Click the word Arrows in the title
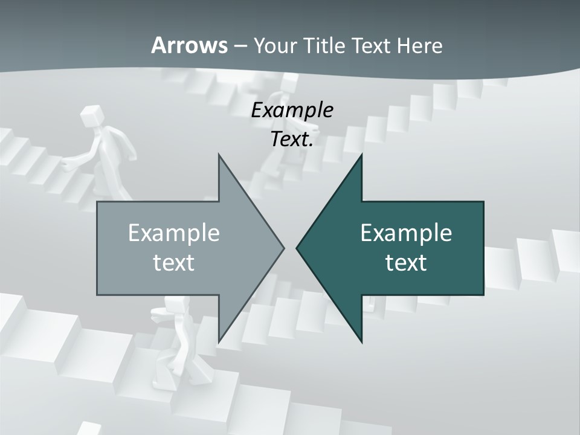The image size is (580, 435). [190, 45]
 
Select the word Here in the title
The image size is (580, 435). [419, 45]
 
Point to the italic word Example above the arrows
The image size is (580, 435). [292, 111]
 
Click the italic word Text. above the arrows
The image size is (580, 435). [292, 140]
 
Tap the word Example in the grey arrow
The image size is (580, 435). [174, 233]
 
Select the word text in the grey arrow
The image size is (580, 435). [174, 263]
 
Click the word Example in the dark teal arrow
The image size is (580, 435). [406, 233]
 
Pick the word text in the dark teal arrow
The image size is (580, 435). [406, 263]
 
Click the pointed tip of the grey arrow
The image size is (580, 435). [283, 248]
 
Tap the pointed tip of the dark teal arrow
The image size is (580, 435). [297, 248]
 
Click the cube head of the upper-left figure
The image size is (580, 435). [91, 115]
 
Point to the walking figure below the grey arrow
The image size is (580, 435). [175, 344]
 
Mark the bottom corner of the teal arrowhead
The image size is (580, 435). [361, 341]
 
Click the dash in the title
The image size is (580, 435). [240, 46]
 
